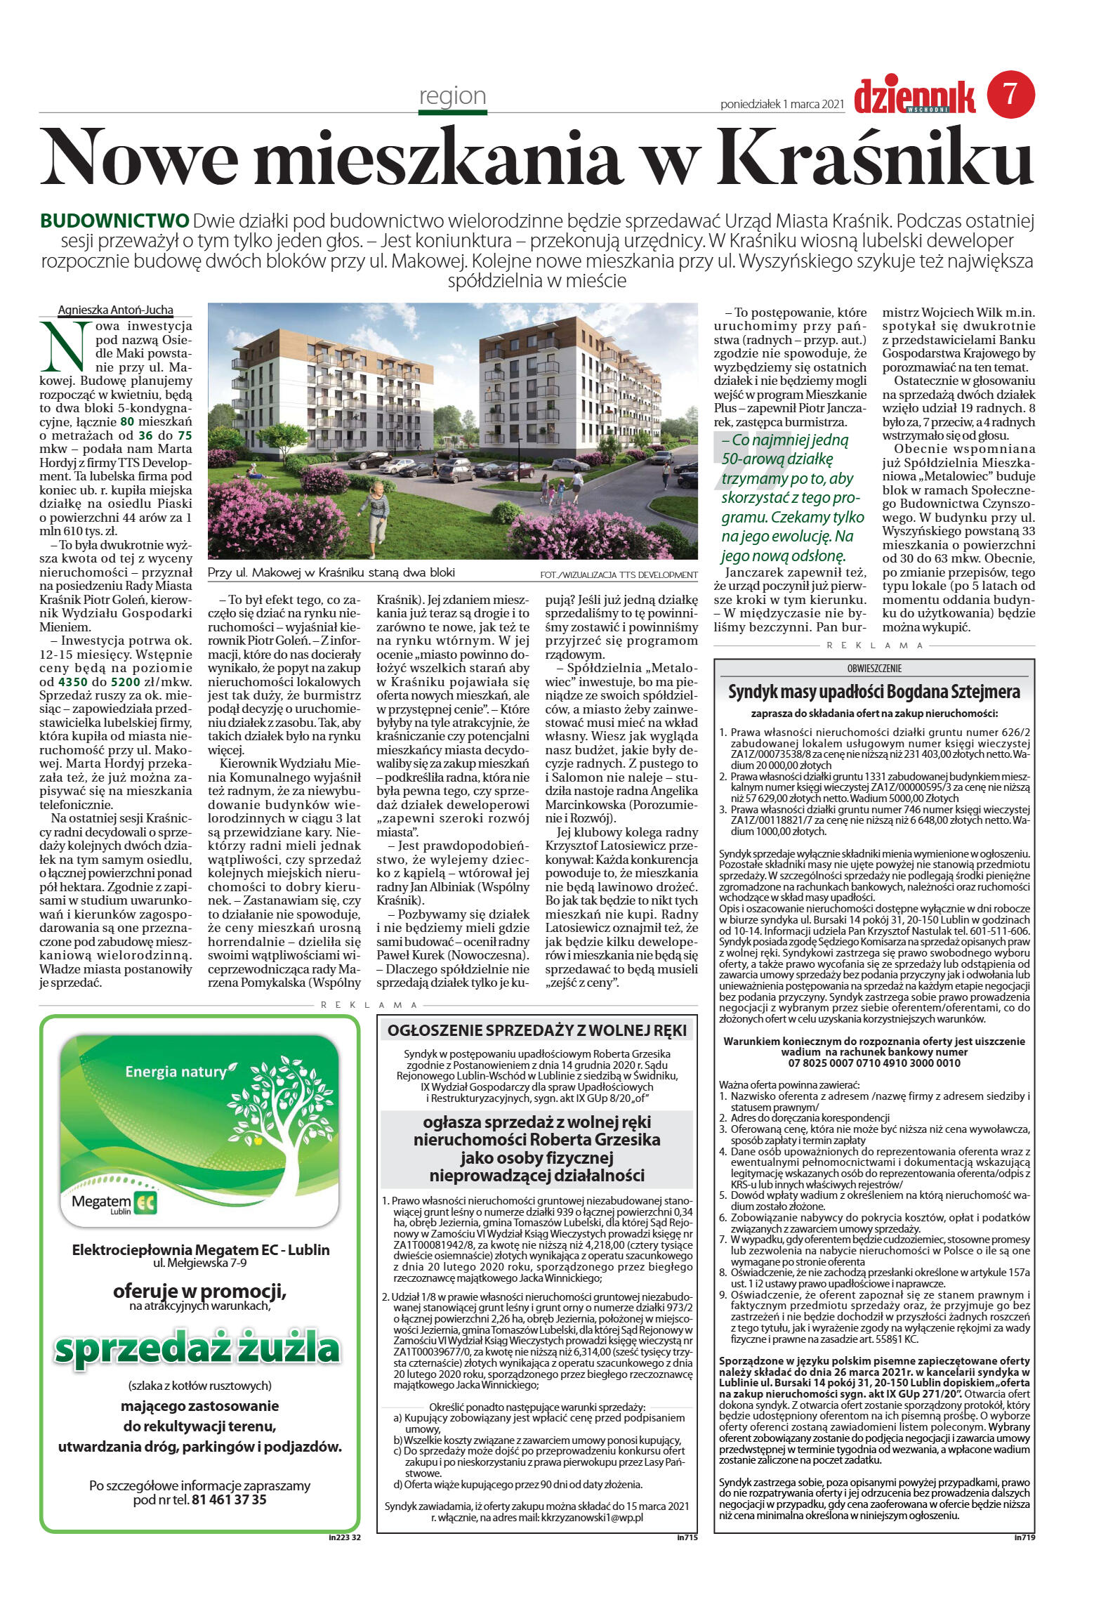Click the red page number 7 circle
tap(1010, 93)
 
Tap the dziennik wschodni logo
tap(914, 96)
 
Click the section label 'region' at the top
tap(452, 96)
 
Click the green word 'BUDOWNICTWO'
tap(114, 221)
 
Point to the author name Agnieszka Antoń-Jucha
tap(115, 310)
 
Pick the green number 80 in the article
tap(127, 422)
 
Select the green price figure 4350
tap(73, 681)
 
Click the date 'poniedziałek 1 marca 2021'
tap(782, 105)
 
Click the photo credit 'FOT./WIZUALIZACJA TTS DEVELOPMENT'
tap(619, 575)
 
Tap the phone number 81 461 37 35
tap(229, 1499)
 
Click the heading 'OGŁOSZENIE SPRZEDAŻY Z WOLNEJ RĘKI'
tap(537, 1030)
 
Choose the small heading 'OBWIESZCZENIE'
tap(874, 668)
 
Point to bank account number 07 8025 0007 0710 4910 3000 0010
tap(874, 1063)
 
